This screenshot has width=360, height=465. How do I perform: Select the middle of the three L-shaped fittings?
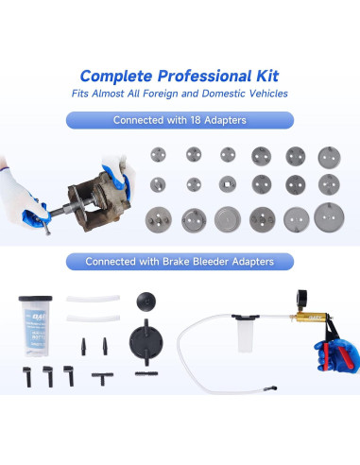point(46,374)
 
